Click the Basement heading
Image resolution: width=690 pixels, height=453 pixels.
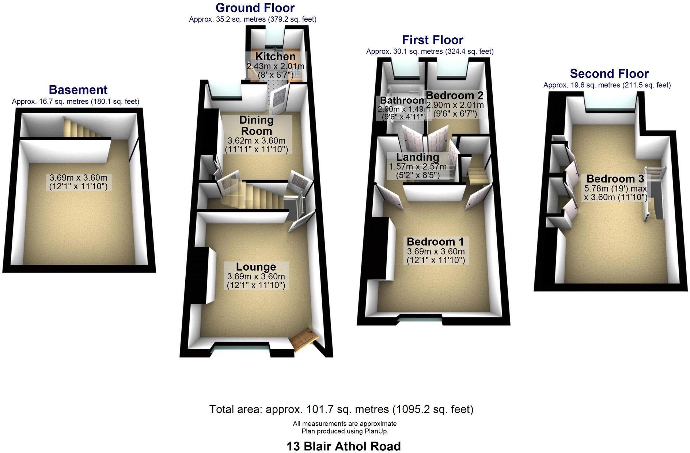click(x=78, y=90)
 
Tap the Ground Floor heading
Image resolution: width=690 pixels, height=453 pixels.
click(x=255, y=8)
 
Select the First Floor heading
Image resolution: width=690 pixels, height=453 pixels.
click(x=432, y=40)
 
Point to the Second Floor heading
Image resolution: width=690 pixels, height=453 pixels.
click(x=609, y=74)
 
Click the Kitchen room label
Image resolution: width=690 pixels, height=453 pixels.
click(x=275, y=57)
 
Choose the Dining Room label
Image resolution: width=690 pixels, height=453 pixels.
click(x=256, y=125)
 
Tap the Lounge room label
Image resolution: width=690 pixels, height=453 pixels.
click(x=256, y=267)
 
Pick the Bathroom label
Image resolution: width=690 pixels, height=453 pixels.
click(x=402, y=100)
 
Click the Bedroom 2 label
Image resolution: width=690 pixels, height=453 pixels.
click(x=455, y=95)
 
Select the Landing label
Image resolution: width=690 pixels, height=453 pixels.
click(x=418, y=157)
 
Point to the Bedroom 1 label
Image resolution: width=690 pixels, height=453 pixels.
click(x=435, y=242)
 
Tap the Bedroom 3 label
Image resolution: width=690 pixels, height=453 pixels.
click(x=615, y=179)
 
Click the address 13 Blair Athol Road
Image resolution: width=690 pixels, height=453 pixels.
click(x=344, y=446)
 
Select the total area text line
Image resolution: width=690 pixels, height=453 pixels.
click(x=341, y=409)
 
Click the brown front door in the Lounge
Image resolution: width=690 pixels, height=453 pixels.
click(x=304, y=339)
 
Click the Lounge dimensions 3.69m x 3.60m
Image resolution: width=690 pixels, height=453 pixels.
click(x=256, y=276)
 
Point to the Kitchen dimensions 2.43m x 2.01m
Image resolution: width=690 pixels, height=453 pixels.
click(x=275, y=67)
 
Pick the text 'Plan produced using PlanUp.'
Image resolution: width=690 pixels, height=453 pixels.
click(x=345, y=431)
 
